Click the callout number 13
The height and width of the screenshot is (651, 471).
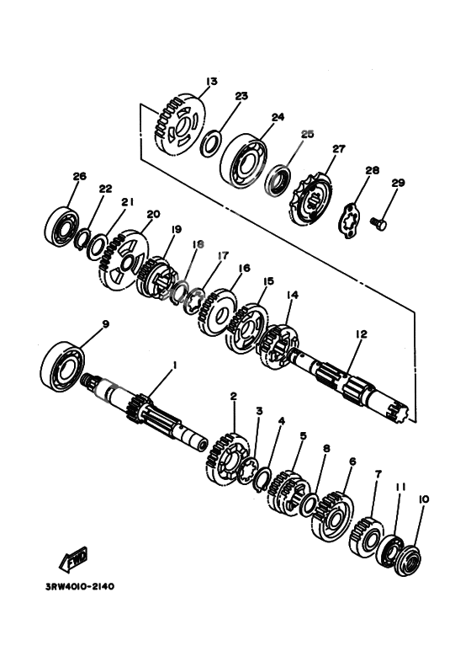click(x=211, y=81)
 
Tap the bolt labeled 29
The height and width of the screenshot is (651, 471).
click(x=378, y=223)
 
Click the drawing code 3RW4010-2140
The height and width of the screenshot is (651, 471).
click(x=79, y=587)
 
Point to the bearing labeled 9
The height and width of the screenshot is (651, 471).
click(x=62, y=366)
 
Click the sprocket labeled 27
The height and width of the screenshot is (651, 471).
click(x=310, y=200)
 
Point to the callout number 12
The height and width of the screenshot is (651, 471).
click(x=361, y=334)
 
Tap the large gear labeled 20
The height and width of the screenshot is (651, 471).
click(x=123, y=260)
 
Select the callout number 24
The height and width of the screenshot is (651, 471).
click(x=278, y=117)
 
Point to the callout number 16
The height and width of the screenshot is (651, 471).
click(x=244, y=268)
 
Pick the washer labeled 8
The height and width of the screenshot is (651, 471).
click(x=309, y=505)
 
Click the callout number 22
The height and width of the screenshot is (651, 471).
click(x=105, y=189)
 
